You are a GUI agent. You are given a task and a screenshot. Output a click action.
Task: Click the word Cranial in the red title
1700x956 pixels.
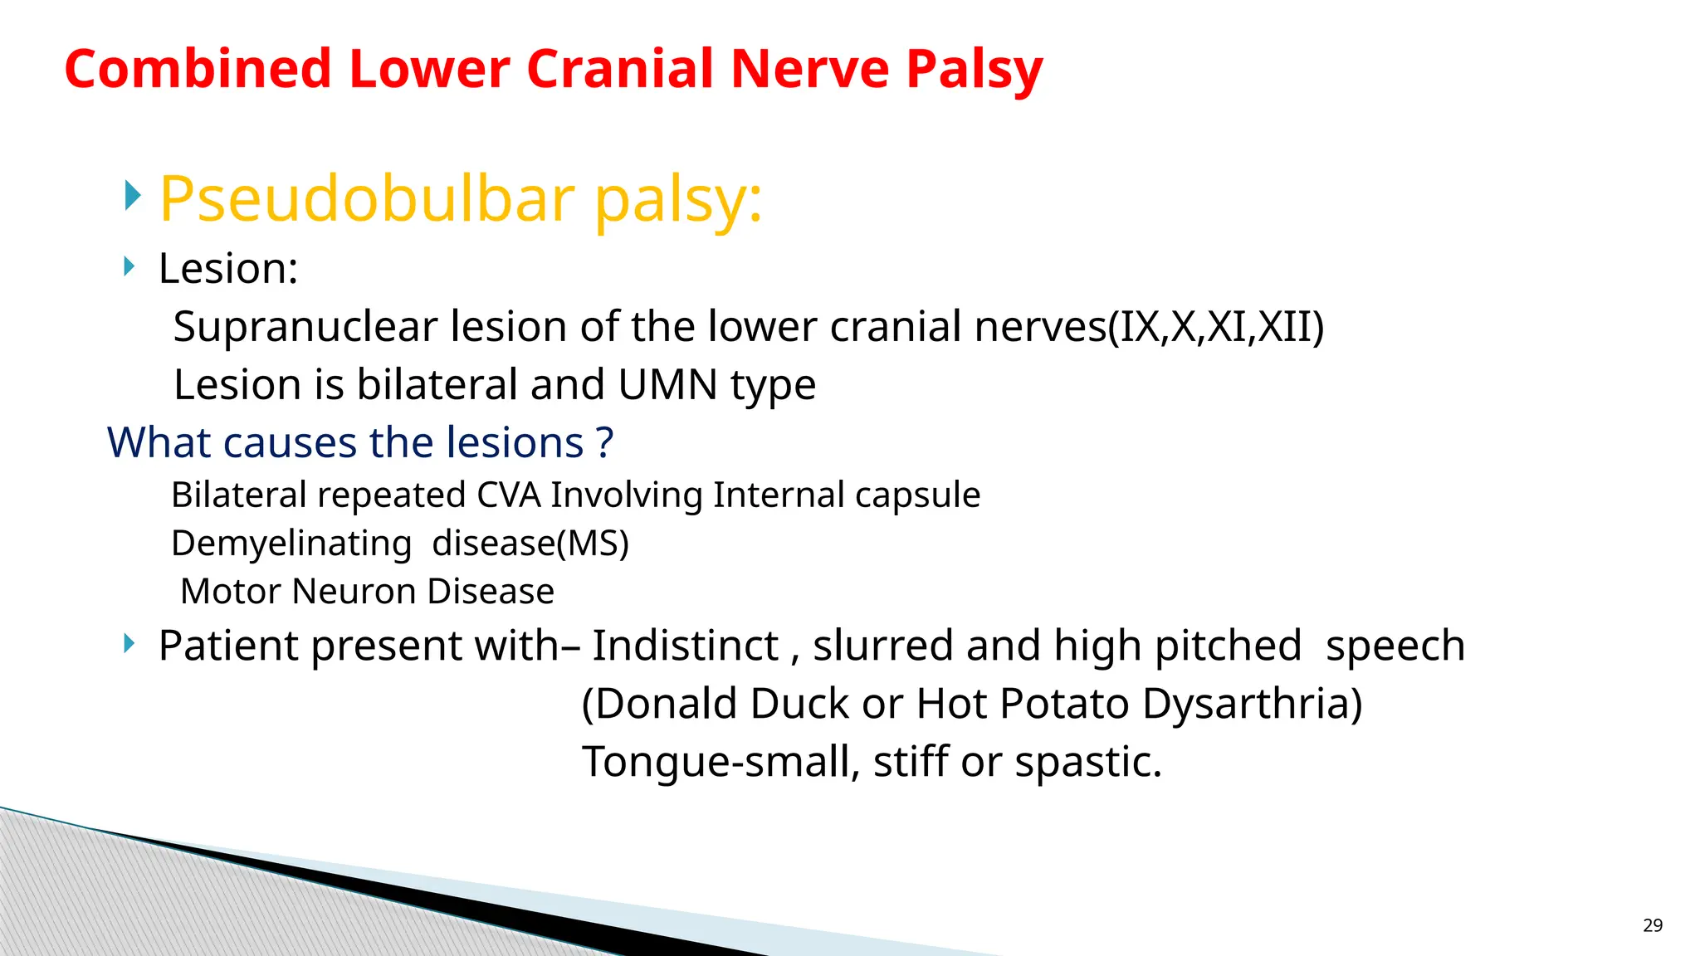(619, 69)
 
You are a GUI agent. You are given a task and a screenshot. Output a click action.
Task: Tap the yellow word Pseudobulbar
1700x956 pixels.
(367, 199)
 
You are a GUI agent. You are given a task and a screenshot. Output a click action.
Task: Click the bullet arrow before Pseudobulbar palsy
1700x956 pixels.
(133, 196)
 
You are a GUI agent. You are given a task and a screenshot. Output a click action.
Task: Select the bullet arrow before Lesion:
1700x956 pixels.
(129, 266)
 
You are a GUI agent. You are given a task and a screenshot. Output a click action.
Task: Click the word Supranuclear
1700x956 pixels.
(305, 326)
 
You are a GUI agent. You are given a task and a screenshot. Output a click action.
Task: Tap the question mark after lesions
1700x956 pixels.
(605, 442)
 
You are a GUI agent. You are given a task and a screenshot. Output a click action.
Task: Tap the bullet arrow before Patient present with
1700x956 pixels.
(129, 643)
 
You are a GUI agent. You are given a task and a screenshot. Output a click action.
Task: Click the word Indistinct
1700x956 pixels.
(685, 646)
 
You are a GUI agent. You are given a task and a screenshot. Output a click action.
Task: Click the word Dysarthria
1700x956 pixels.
(1252, 704)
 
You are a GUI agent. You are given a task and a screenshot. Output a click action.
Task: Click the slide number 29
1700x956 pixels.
(1652, 925)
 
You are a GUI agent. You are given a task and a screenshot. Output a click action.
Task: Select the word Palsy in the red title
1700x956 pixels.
(974, 71)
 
